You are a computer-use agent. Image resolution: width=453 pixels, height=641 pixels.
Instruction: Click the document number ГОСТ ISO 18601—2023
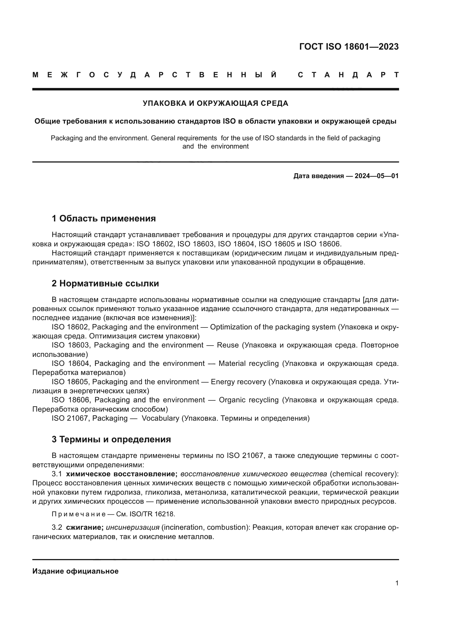click(349, 47)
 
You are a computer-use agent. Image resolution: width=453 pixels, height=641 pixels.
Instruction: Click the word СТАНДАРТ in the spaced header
click(348, 75)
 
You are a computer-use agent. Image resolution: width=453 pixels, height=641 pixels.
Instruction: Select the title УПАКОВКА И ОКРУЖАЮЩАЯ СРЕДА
click(215, 103)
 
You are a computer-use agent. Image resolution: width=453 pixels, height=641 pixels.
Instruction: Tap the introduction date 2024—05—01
click(377, 176)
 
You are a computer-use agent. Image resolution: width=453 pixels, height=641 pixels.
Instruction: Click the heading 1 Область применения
click(104, 218)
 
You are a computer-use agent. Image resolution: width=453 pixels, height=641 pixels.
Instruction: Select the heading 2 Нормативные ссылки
click(105, 283)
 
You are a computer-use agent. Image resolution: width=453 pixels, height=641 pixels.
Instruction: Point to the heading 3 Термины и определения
click(111, 439)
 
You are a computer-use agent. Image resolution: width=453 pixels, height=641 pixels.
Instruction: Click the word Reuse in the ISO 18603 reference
click(228, 345)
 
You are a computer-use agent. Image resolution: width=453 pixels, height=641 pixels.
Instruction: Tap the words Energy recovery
click(238, 382)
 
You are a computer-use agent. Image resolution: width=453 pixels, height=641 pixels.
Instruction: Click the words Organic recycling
click(248, 400)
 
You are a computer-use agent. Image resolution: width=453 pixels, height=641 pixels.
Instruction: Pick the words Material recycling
click(248, 363)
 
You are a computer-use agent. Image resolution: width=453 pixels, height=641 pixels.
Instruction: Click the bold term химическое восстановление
click(122, 474)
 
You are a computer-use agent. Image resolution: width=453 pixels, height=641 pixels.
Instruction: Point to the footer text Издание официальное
click(75, 571)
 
